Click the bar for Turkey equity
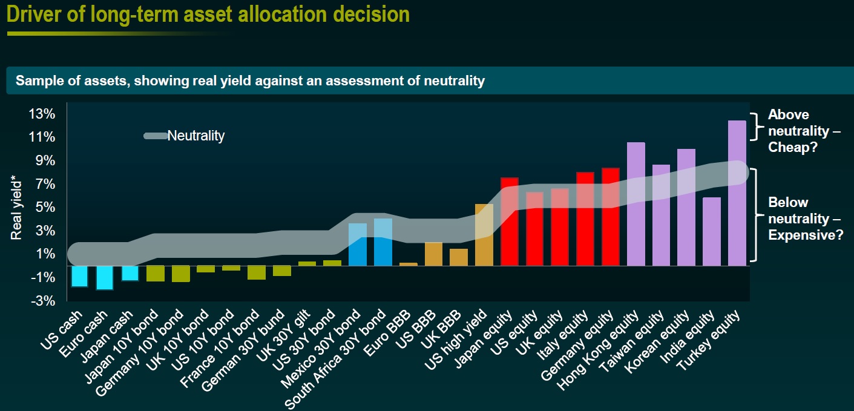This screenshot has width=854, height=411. coord(737,193)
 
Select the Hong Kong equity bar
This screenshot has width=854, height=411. coord(636,204)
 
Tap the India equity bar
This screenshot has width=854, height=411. coord(712,231)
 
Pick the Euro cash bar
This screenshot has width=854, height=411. coord(105,278)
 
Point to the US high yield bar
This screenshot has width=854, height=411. coord(484,235)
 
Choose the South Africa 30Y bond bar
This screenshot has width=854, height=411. coord(383,242)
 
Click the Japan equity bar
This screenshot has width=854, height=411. coord(510,222)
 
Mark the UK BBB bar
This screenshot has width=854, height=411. coord(459,257)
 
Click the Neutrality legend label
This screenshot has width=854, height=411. coord(195,136)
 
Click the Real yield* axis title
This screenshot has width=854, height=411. coord(16,207)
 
